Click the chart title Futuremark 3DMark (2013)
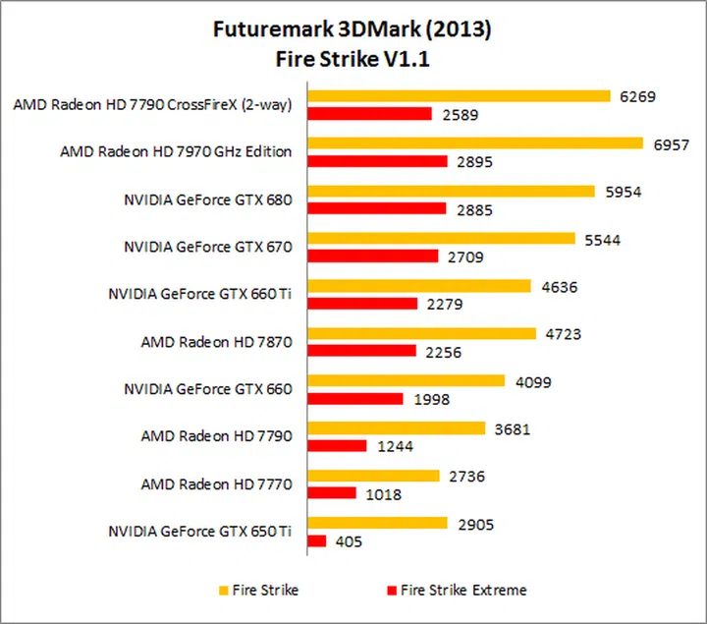[x=352, y=28]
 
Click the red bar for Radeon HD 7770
[x=332, y=493]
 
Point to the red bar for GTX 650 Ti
[x=317, y=540]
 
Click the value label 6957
[x=671, y=144]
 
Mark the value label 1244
[x=395, y=446]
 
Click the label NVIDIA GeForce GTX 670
[x=208, y=248]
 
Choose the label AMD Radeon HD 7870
[x=217, y=342]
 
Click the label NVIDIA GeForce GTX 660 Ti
[x=199, y=294]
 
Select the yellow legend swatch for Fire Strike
[x=224, y=591]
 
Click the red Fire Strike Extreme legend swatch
[x=390, y=591]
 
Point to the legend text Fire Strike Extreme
[x=463, y=591]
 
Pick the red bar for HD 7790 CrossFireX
[x=369, y=114]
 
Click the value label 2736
[x=465, y=476]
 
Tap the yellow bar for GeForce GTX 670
[x=441, y=239]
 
